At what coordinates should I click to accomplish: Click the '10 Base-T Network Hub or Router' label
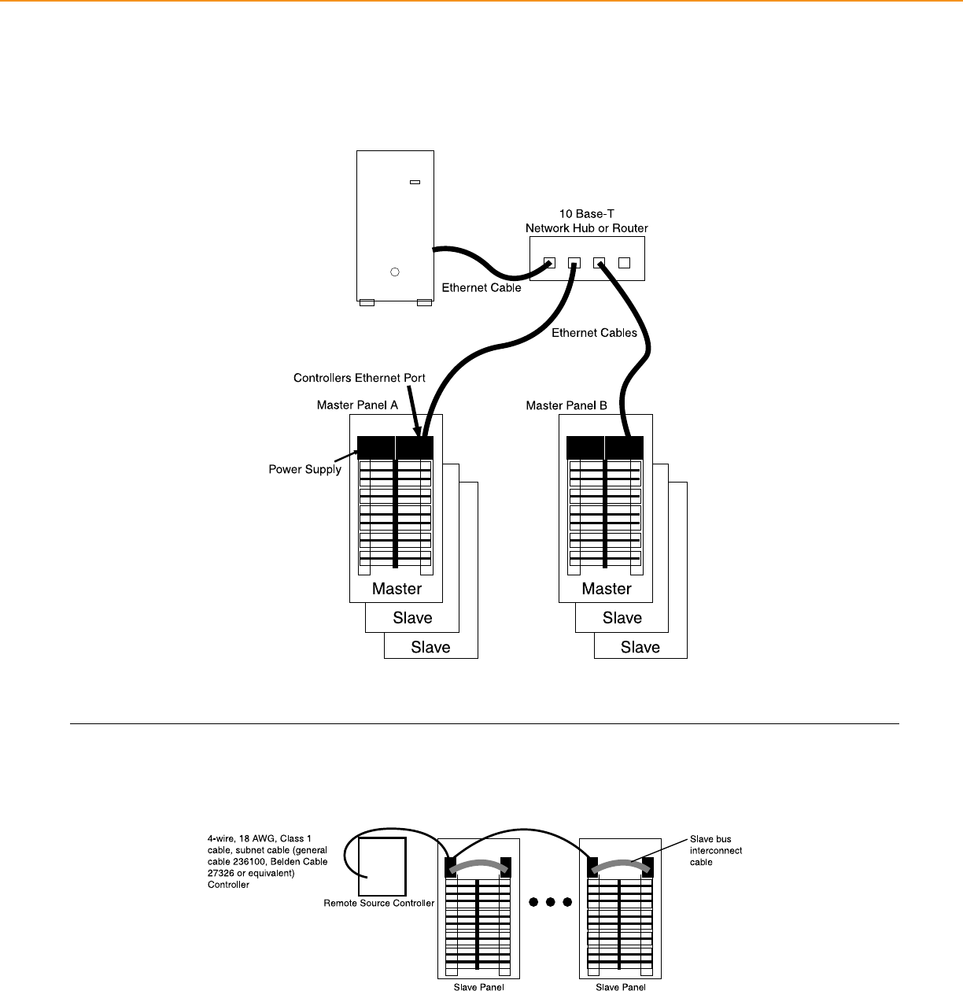587,221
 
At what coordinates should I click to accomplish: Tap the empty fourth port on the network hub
625,263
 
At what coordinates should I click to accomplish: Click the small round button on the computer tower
395,272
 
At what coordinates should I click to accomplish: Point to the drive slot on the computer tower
415,182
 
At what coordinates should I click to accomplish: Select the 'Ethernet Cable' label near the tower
481,288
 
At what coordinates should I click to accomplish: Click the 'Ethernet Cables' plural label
594,333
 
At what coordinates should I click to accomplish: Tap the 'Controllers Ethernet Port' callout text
360,378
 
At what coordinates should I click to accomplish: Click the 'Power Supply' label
305,469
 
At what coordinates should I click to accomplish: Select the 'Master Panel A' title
357,405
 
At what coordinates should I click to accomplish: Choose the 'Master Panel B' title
566,405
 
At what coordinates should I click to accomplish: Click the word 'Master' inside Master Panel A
397,589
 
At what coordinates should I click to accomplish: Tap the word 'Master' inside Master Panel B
607,589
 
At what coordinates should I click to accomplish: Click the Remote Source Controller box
382,866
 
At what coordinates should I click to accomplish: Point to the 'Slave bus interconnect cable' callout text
716,850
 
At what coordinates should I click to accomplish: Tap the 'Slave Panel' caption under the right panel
621,986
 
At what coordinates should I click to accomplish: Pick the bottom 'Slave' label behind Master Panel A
430,648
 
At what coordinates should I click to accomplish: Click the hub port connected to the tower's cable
549,263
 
